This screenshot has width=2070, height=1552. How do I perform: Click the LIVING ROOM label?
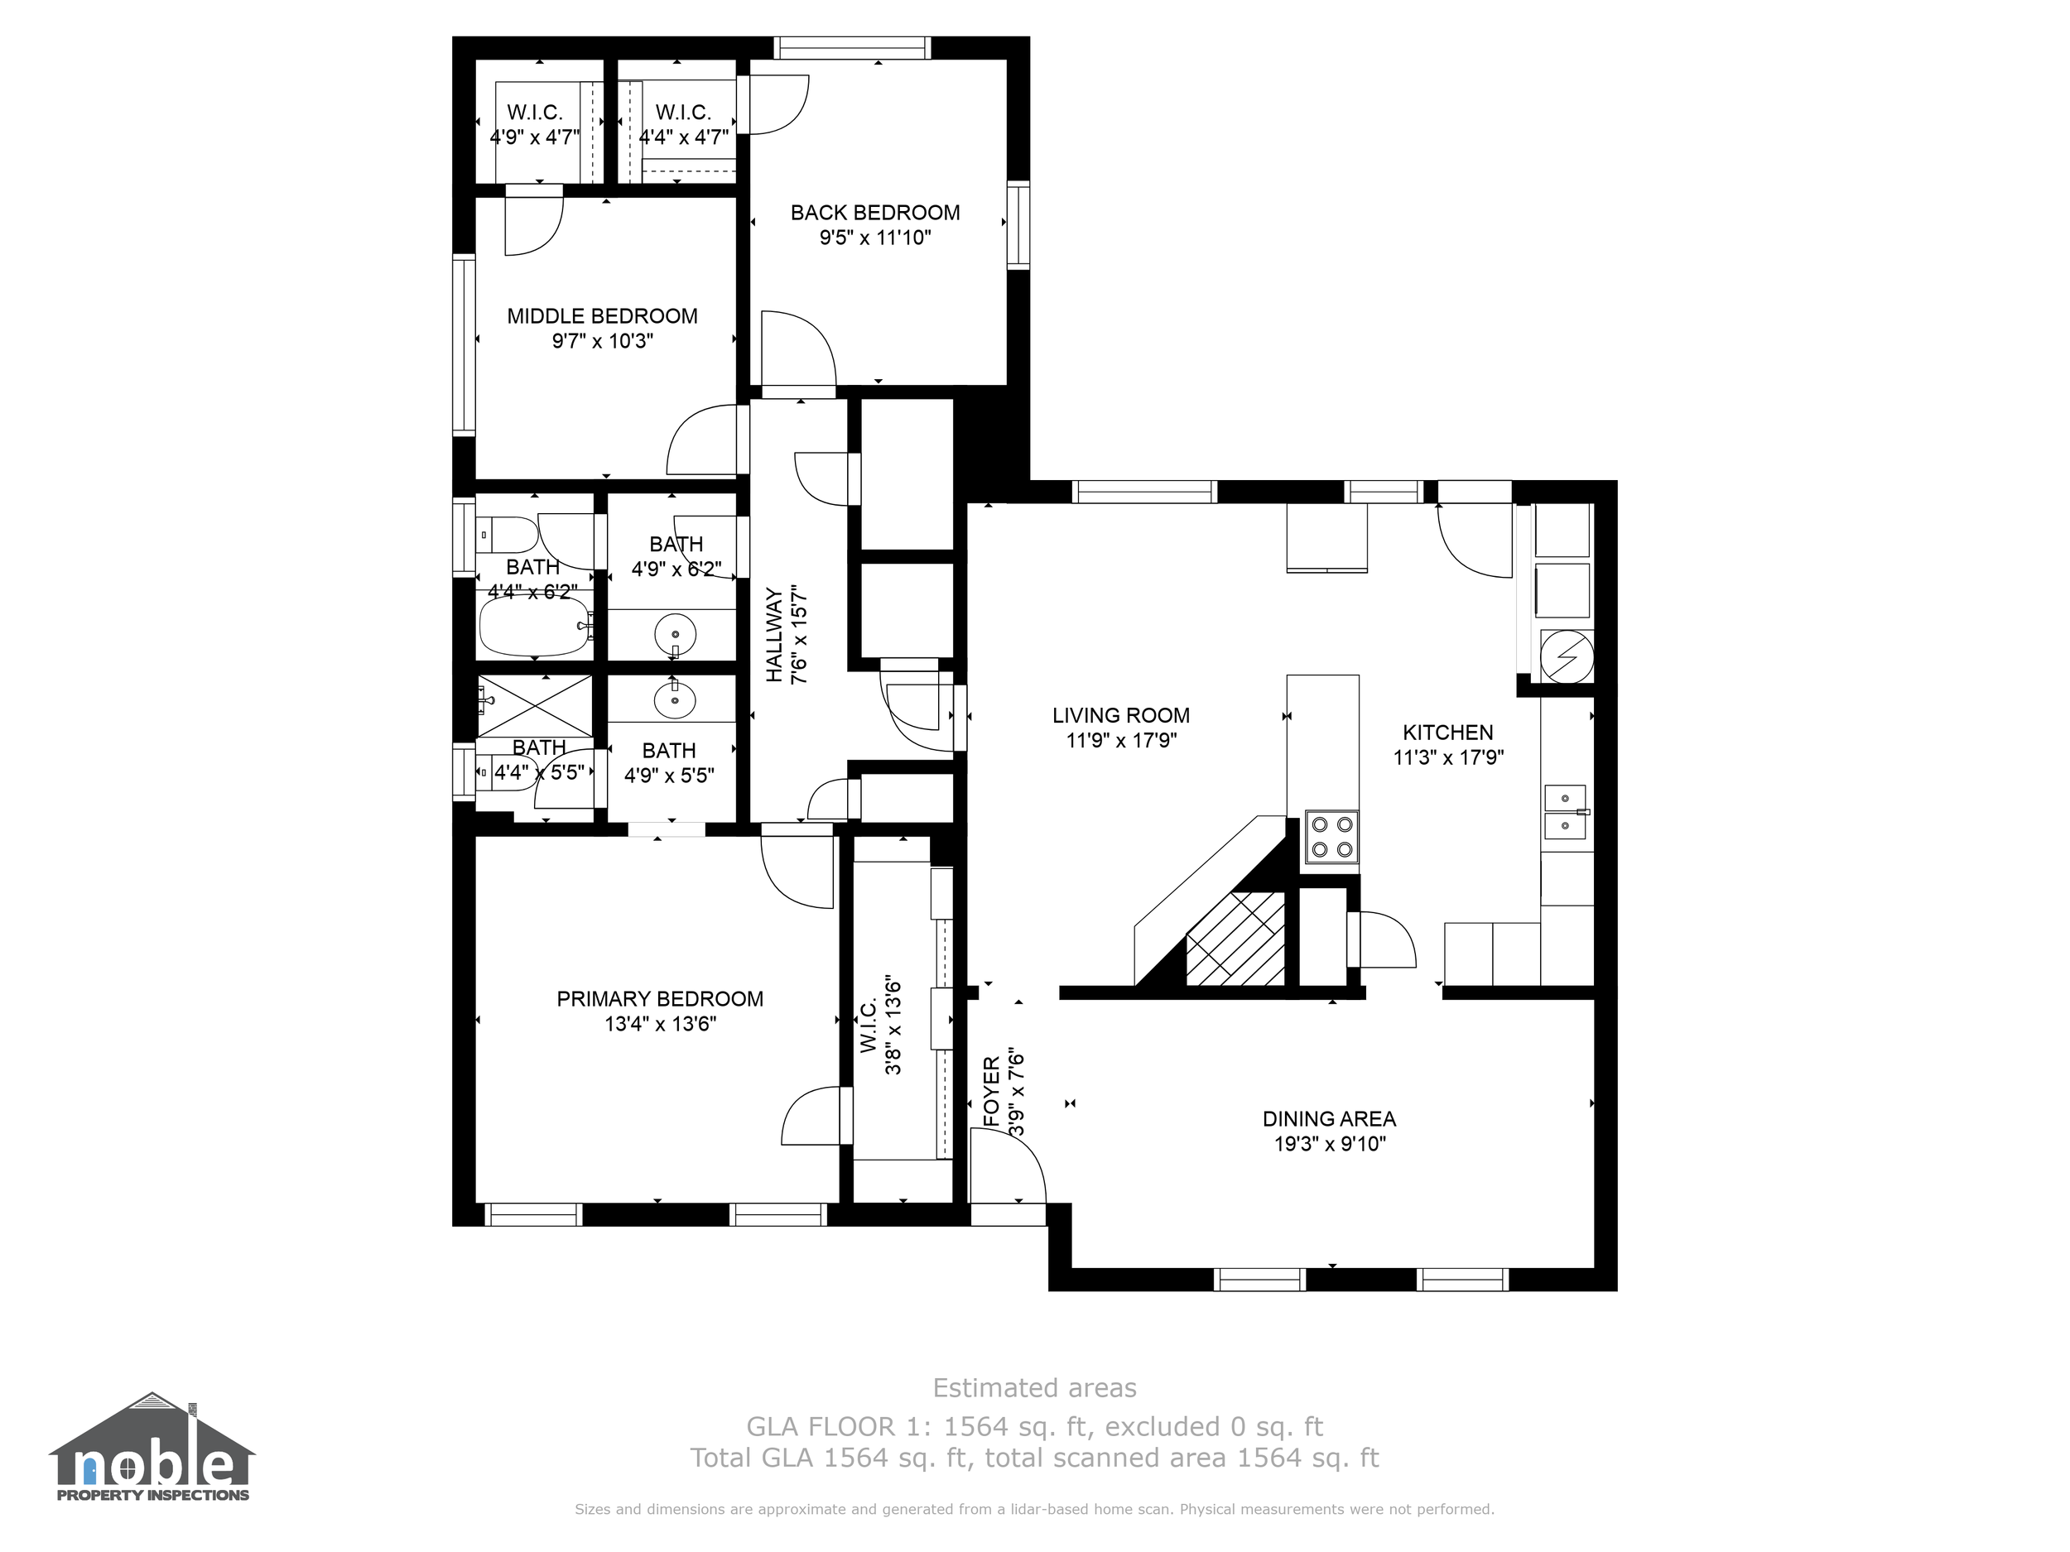(x=1120, y=716)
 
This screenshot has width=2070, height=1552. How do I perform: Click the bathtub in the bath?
(x=534, y=627)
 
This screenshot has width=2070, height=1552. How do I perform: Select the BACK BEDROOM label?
(x=875, y=213)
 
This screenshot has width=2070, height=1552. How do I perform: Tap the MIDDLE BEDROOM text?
(x=602, y=316)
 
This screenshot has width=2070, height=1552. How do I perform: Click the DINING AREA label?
(x=1329, y=1119)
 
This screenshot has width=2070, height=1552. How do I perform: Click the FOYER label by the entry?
(x=992, y=1091)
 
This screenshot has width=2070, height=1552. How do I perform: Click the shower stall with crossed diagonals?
(x=534, y=705)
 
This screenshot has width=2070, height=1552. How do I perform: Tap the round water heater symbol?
(x=1566, y=654)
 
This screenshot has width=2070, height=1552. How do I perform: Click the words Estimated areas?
(x=1034, y=1387)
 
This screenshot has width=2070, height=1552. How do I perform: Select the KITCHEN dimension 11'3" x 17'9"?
(x=1447, y=757)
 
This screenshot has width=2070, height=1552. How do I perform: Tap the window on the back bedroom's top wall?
(x=851, y=48)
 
